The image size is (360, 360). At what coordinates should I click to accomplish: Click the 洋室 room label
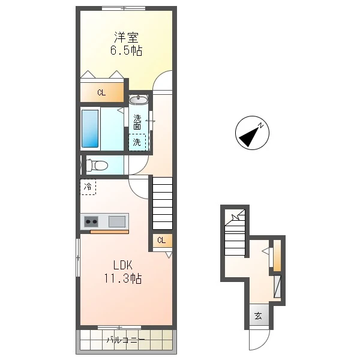[126, 38]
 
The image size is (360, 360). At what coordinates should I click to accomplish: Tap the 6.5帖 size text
[126, 50]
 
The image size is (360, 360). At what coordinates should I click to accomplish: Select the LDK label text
[123, 265]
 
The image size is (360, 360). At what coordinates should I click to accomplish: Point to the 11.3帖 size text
[123, 278]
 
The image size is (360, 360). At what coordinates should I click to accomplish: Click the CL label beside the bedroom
[101, 93]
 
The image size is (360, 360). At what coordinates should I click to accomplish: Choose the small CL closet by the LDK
[161, 241]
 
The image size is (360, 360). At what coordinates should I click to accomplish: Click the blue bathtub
[90, 128]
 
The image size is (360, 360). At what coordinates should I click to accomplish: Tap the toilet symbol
[97, 166]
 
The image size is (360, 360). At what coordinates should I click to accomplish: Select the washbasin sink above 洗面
[139, 100]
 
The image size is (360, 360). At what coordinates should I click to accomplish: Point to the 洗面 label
[137, 122]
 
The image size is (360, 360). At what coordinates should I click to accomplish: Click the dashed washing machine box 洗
[137, 142]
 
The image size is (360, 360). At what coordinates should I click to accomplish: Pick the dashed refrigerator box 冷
[88, 187]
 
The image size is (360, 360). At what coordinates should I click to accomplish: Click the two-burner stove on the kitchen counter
[91, 221]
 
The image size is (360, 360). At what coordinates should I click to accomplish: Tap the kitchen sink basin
[117, 221]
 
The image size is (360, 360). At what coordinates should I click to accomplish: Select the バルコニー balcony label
[126, 340]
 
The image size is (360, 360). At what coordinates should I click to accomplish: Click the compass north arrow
[250, 136]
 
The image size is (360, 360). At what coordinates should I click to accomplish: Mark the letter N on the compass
[261, 125]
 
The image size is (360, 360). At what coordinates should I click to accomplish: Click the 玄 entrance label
[258, 316]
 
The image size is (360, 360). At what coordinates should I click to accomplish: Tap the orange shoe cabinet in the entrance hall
[277, 256]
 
